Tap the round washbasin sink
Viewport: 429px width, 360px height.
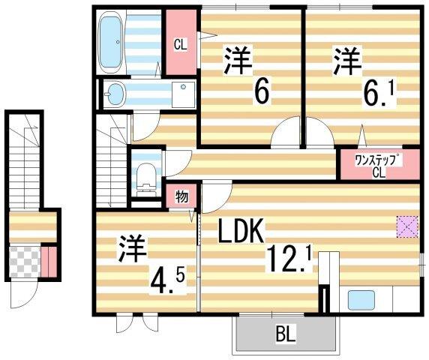(115, 93)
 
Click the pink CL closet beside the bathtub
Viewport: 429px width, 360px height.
(180, 43)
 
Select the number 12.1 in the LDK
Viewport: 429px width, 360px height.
(288, 260)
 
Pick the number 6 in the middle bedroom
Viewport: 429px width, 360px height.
(262, 91)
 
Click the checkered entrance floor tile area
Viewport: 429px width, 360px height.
(23, 260)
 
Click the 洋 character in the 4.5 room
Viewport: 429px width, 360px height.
(132, 250)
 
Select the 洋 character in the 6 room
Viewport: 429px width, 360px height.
(238, 59)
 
